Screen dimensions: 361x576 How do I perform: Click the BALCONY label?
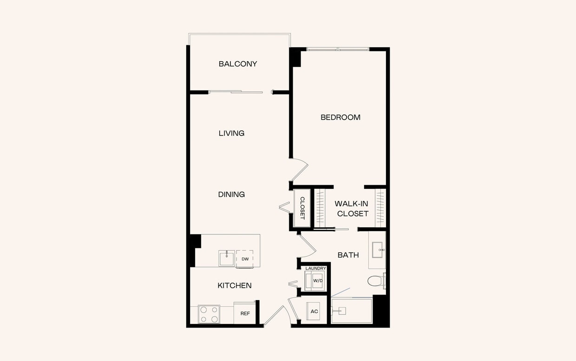(x=238, y=64)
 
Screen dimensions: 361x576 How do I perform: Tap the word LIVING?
(x=231, y=133)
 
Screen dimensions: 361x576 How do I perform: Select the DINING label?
(x=231, y=194)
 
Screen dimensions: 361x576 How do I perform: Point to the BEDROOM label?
(x=340, y=117)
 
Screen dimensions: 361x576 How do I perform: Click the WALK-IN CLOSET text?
(x=353, y=209)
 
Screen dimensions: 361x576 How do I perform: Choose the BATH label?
(x=348, y=255)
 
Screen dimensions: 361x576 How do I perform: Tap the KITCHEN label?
(x=235, y=285)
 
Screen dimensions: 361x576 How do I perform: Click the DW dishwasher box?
(x=245, y=259)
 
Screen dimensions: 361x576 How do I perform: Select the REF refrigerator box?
(x=245, y=314)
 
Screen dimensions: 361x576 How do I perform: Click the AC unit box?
(x=314, y=311)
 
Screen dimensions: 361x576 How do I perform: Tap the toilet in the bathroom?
(x=375, y=281)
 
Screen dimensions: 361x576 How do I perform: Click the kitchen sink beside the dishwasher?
(x=227, y=258)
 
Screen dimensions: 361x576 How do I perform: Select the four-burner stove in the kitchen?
(x=209, y=314)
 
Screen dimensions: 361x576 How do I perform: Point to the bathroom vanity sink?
(x=377, y=250)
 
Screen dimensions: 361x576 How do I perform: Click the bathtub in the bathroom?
(x=352, y=310)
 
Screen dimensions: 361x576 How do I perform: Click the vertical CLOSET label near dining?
(x=302, y=208)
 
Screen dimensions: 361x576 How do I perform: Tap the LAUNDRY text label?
(x=315, y=268)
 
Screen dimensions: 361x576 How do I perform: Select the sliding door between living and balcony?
(x=240, y=92)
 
